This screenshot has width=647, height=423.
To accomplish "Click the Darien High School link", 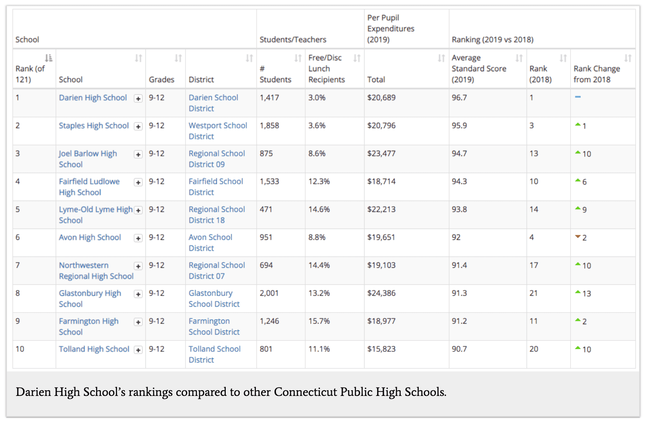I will point(93,98).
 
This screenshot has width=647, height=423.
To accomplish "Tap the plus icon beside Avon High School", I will point(138,238).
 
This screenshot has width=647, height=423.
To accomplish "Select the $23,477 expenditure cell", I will point(381,154).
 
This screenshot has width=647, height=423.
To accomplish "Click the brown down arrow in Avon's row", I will point(578,237).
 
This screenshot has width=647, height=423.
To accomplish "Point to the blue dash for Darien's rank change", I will point(578,97).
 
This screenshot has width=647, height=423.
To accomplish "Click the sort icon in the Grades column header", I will point(178,58).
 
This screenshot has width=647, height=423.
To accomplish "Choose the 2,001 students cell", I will point(269,293).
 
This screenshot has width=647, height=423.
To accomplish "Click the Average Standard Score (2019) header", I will point(478,69).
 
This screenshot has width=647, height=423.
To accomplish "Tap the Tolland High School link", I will point(94,349).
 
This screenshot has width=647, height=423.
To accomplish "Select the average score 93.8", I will point(459,209).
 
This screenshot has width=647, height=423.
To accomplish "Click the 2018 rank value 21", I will point(533,293).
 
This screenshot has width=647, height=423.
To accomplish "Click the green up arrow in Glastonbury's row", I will point(578,292).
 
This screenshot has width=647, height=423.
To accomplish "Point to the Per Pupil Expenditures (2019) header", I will point(391,29).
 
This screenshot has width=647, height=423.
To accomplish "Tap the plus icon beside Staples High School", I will point(138,127).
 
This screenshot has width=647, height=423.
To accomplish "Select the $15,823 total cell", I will point(381,349).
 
